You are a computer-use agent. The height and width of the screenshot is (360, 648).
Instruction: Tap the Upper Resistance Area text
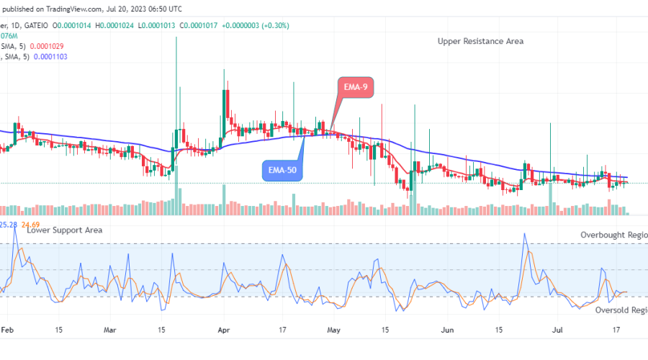pos(480,41)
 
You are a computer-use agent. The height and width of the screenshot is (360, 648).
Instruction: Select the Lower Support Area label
pos(64,230)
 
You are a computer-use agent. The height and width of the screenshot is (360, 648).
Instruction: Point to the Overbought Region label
pos(614,235)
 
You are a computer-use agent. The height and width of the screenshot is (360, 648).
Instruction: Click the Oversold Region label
pos(620,310)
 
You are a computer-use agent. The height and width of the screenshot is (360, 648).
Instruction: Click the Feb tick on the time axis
pos(8,331)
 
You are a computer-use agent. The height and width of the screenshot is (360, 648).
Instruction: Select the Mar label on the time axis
pos(110,331)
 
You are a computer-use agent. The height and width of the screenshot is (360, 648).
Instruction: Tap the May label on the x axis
pos(333,331)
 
